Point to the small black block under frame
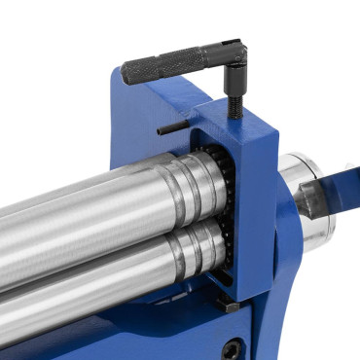pyautogui.click(x=229, y=306)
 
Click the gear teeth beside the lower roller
pyautogui.click(x=224, y=253)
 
